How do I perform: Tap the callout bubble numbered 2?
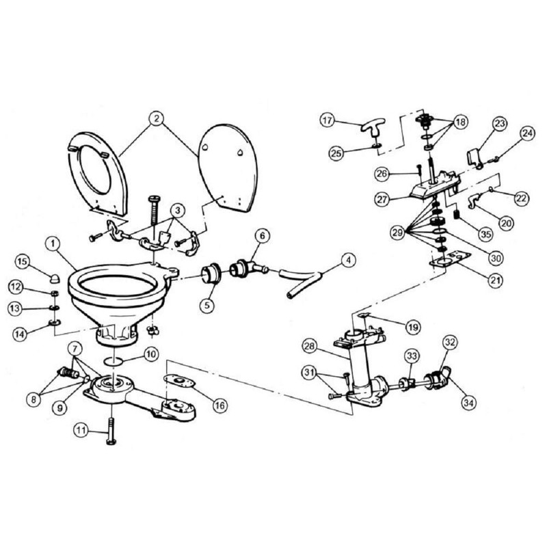pyautogui.click(x=157, y=118)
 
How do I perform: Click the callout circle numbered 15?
pyautogui.click(x=22, y=262)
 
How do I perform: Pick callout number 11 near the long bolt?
pyautogui.click(x=82, y=432)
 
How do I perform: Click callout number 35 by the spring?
pyautogui.click(x=485, y=233)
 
